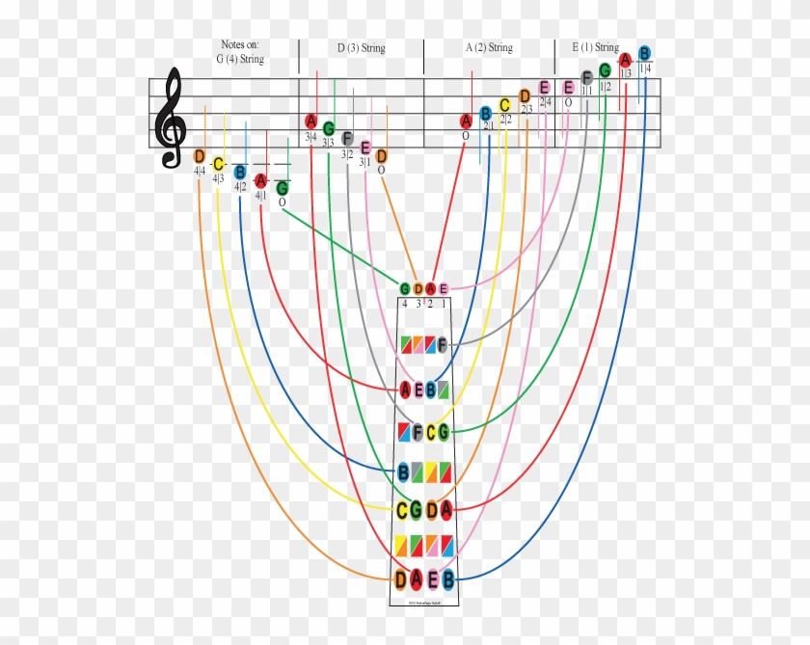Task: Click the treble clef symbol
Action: (174, 119)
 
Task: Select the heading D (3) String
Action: (362, 47)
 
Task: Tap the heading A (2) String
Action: (489, 47)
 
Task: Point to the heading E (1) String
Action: (595, 47)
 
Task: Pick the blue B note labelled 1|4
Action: (644, 53)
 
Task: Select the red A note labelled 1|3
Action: (626, 60)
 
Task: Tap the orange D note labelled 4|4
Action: (200, 156)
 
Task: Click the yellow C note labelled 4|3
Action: (219, 164)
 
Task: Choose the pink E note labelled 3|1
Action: (365, 148)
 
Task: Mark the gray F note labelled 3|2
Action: (347, 138)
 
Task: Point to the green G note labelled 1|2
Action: (605, 70)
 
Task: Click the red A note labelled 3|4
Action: (310, 121)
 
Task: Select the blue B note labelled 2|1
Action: (486, 113)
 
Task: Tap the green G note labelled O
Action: (282, 188)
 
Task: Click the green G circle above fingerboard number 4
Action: (405, 288)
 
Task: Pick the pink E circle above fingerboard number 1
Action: (444, 288)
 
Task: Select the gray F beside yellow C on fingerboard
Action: (418, 432)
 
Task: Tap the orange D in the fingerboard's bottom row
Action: (401, 578)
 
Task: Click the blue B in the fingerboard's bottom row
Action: (448, 578)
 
